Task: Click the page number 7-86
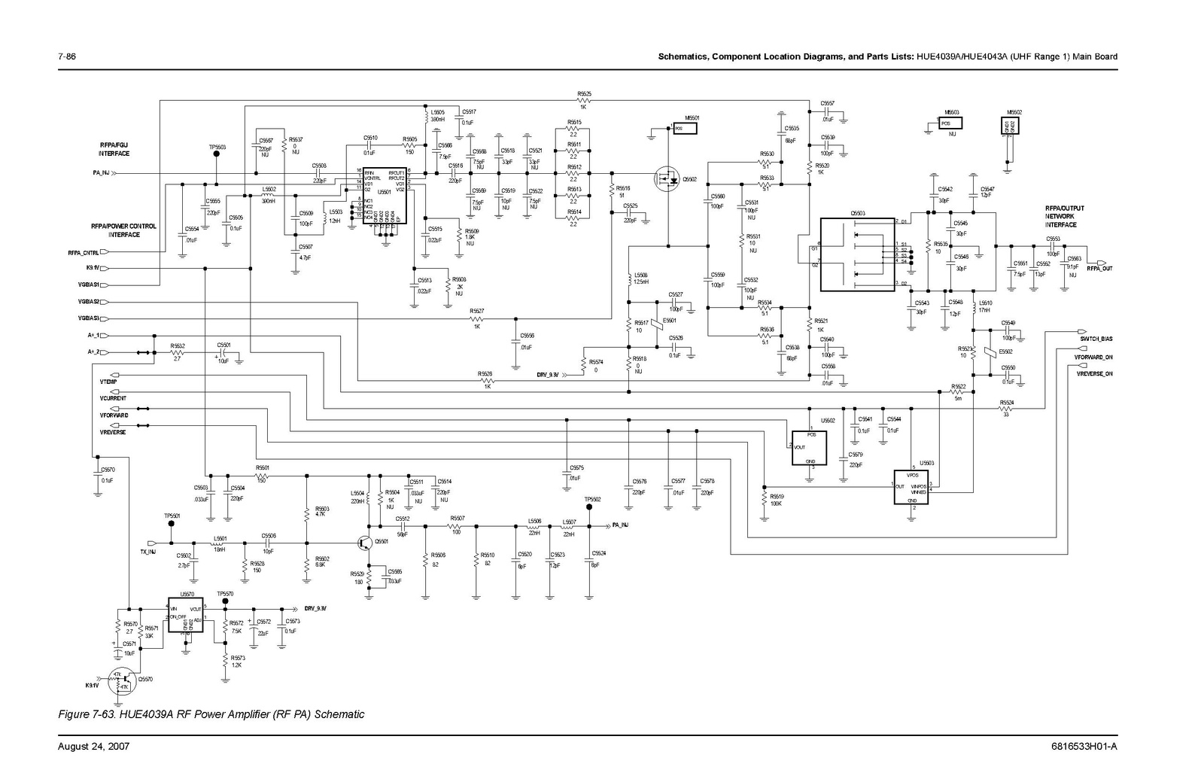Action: click(x=68, y=56)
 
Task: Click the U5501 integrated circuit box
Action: click(x=384, y=196)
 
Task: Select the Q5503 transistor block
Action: click(x=856, y=255)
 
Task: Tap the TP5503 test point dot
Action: click(x=217, y=154)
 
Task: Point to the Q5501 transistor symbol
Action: click(x=366, y=542)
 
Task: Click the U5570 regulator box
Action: click(x=186, y=616)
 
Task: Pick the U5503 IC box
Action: click(x=911, y=486)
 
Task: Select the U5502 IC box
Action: click(x=809, y=448)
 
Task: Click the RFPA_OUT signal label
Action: click(x=1099, y=269)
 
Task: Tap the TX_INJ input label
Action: click(x=147, y=552)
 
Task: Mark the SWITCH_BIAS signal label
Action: click(x=1096, y=339)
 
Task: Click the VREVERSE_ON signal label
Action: click(x=1094, y=373)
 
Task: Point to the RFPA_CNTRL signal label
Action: click(x=83, y=252)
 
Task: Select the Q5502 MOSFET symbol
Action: click(x=667, y=179)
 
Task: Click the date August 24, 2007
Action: click(x=94, y=747)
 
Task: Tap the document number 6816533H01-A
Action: click(x=1084, y=747)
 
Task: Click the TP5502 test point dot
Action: click(x=589, y=507)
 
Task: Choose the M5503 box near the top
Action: click(x=952, y=123)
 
